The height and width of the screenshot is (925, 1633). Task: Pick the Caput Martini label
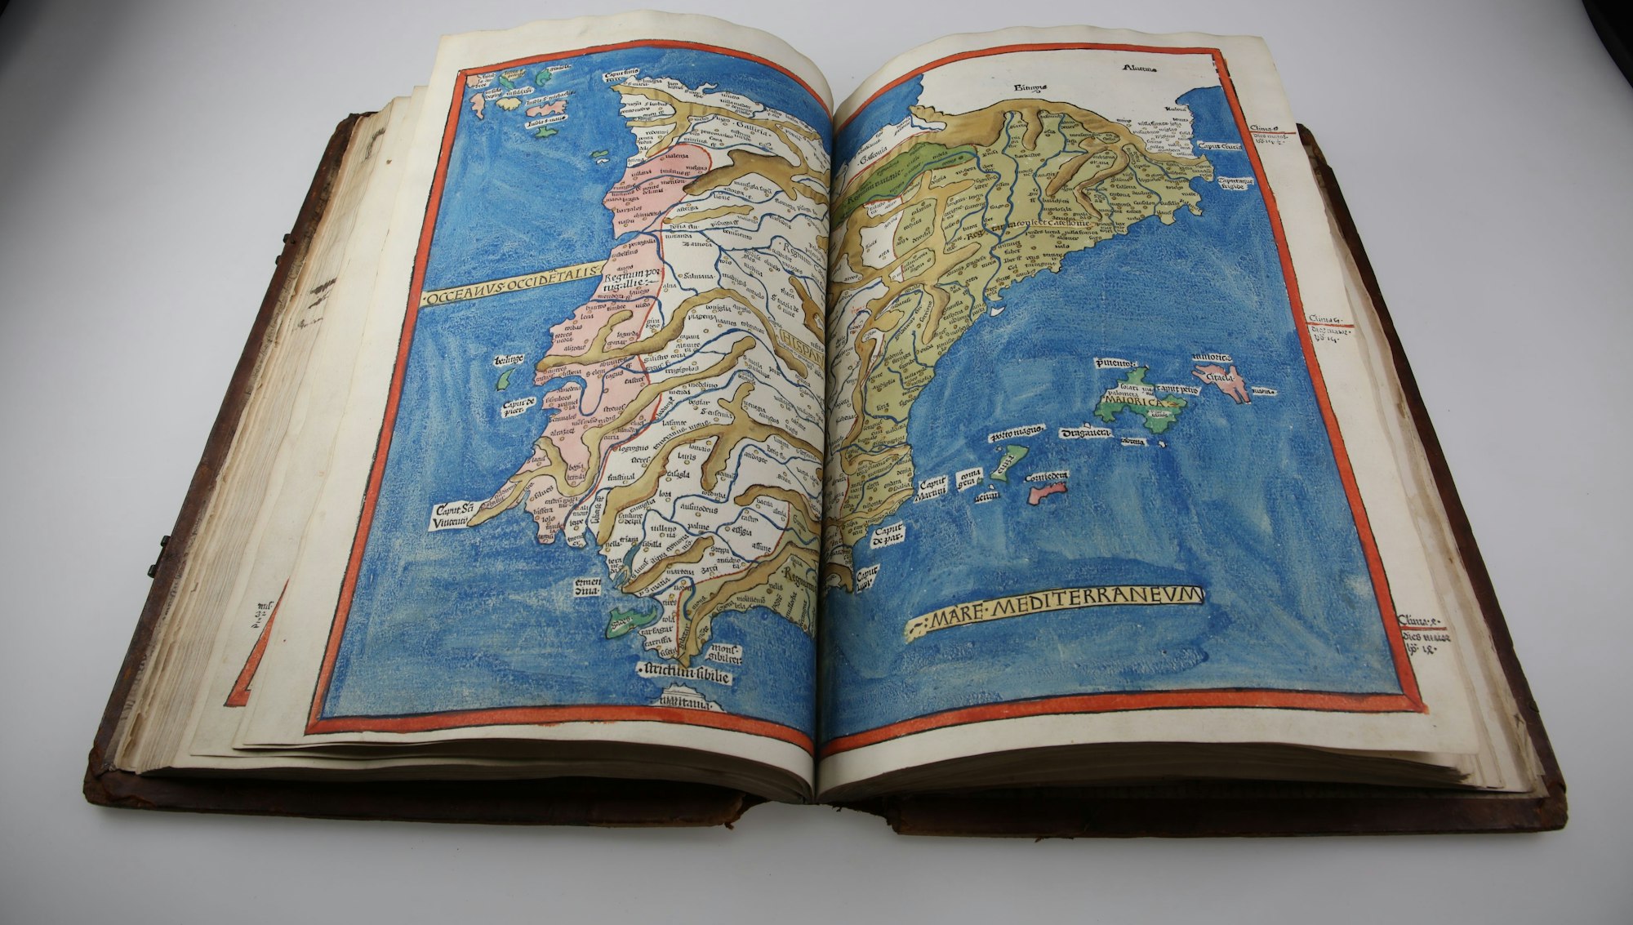click(931, 490)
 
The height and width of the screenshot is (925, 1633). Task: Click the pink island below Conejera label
click(1048, 493)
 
